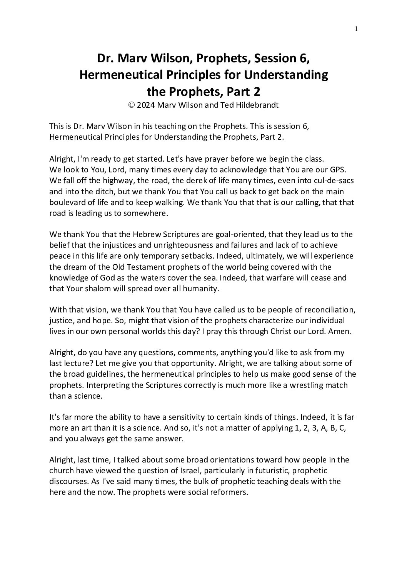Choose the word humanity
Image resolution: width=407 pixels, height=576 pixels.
click(202, 288)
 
